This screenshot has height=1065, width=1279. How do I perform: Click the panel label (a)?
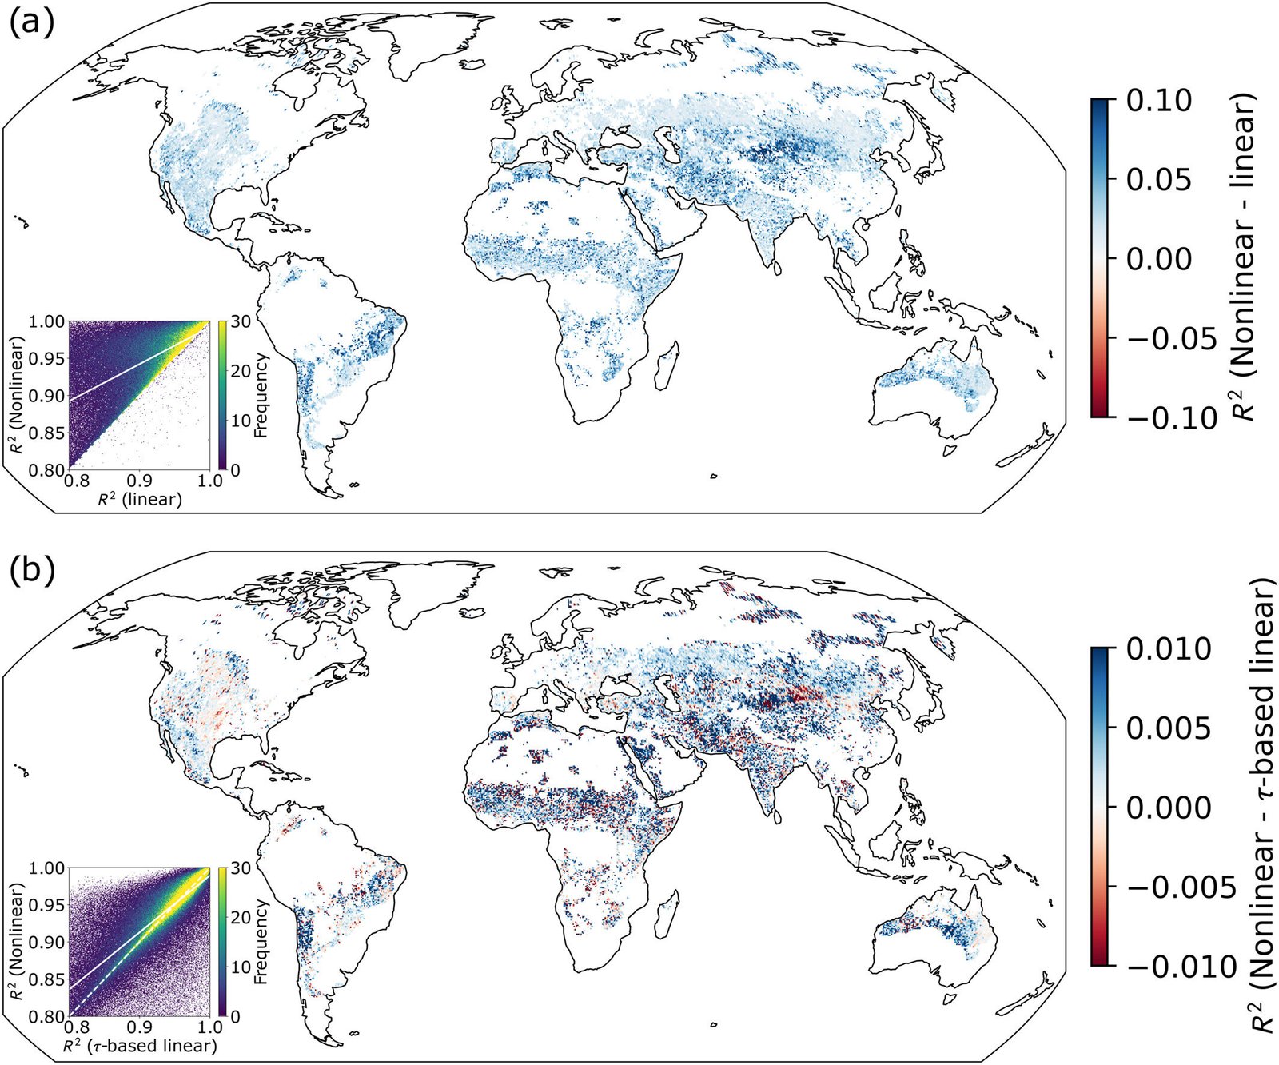30,24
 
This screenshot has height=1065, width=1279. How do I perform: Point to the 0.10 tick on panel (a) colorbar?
1158,101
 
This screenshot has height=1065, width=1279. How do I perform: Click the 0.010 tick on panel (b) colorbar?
1167,649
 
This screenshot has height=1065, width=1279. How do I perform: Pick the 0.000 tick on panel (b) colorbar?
1167,808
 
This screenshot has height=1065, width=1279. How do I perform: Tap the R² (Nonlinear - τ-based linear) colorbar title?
1261,808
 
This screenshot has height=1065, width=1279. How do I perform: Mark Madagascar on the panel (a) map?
668,364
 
